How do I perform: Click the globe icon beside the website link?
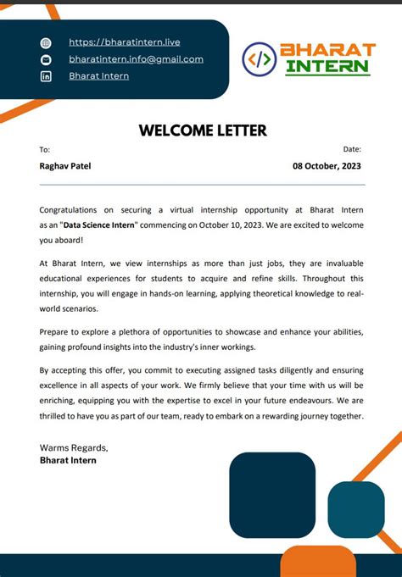point(46,42)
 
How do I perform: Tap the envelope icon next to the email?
point(46,59)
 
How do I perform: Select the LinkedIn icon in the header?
point(46,76)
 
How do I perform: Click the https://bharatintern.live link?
point(124,42)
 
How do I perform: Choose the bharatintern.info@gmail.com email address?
point(136,59)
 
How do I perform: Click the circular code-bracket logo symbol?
point(259,58)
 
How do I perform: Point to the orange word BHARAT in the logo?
point(327,50)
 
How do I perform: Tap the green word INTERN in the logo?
point(327,67)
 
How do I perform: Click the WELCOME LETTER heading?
point(203,130)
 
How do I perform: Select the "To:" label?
point(45,149)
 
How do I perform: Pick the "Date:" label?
point(352,149)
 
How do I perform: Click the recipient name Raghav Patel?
point(65,166)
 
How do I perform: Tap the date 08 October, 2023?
point(327,166)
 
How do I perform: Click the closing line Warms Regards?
point(74,447)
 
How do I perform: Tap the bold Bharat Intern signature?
point(68,460)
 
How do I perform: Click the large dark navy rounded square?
point(272,495)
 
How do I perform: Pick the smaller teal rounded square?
point(356,509)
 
